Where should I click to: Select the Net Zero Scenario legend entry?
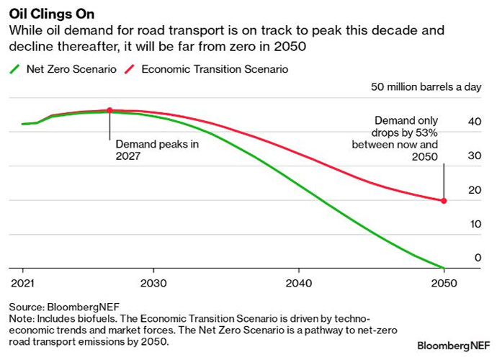click(x=64, y=70)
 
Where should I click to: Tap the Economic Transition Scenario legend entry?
click(x=208, y=70)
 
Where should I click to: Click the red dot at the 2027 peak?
click(x=109, y=111)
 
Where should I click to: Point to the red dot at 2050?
click(x=444, y=201)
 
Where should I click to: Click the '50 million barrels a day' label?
click(x=426, y=88)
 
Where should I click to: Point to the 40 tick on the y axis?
click(x=474, y=122)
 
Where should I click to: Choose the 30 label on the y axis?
click(x=474, y=156)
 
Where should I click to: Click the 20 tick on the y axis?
click(x=474, y=189)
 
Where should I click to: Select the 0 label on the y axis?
click(x=477, y=257)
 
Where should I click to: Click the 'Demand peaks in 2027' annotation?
click(x=157, y=149)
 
